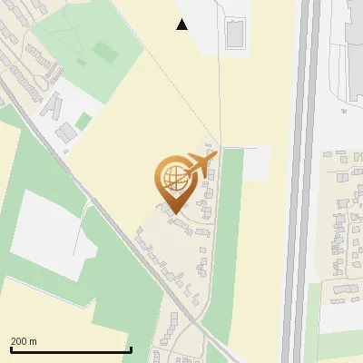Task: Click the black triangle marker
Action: click(x=182, y=25)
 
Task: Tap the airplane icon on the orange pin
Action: click(x=201, y=163)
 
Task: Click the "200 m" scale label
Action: click(x=24, y=341)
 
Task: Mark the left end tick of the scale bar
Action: click(x=11, y=348)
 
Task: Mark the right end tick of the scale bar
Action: click(x=132, y=348)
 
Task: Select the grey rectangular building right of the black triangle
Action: click(x=235, y=34)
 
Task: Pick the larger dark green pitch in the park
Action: click(x=105, y=52)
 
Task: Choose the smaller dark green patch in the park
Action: click(x=83, y=64)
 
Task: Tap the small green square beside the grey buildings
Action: click(x=83, y=121)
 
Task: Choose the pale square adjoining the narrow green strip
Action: click(x=257, y=162)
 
